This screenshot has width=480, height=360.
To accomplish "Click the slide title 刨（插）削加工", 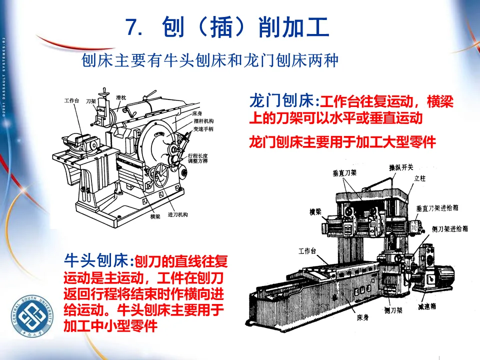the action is [x=227, y=27].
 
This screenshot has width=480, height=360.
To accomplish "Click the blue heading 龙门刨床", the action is [x=282, y=101].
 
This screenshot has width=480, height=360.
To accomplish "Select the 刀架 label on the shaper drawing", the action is [x=91, y=100].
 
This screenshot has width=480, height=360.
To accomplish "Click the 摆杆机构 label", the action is [x=204, y=121].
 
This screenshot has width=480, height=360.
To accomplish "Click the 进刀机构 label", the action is [x=178, y=214].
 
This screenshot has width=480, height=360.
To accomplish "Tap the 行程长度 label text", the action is [x=197, y=156].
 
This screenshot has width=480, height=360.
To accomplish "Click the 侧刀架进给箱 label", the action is [x=449, y=228].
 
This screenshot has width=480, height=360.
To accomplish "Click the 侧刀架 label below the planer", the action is [x=393, y=310].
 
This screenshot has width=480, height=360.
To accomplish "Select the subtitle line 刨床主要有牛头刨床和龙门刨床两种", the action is [x=210, y=61].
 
